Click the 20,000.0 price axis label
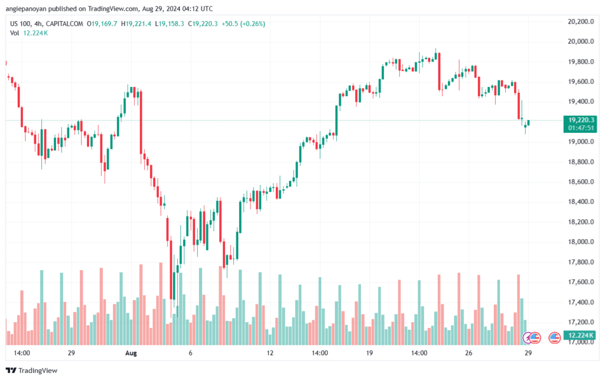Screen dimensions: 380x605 click(578, 42)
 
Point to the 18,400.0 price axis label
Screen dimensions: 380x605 click(578, 202)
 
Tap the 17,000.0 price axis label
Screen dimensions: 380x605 click(578, 342)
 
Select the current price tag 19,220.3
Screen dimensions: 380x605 click(578, 119)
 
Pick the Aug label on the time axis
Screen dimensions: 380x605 click(131, 353)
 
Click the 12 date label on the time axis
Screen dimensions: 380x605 click(270, 353)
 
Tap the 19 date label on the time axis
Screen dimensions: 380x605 click(369, 353)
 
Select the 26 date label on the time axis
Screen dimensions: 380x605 click(468, 353)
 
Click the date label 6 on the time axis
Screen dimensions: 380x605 click(190, 353)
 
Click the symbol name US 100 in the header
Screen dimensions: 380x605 click(20, 24)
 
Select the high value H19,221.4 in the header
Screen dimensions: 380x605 click(135, 24)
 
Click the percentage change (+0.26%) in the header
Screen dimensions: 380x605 click(252, 24)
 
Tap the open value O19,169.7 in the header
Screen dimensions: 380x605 click(102, 24)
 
